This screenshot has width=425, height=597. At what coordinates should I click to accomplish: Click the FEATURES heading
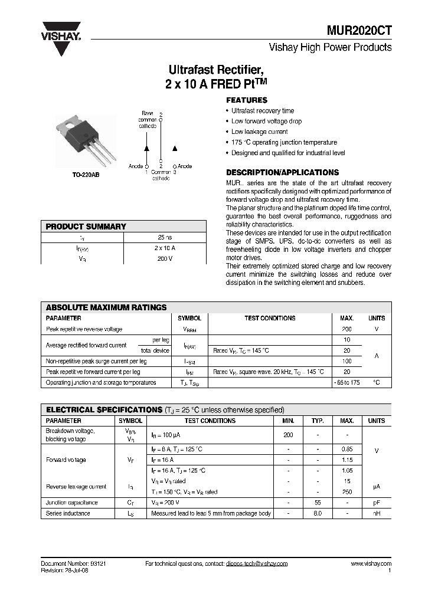point(247,100)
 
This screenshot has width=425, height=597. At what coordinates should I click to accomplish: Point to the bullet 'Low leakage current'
point(259,132)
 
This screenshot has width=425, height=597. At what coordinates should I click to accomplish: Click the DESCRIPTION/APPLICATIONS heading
point(283,173)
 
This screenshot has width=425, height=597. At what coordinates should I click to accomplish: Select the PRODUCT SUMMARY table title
point(86,227)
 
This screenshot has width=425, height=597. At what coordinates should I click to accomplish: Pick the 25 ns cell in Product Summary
point(165,237)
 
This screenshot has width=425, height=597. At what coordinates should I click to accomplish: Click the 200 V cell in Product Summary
point(165,258)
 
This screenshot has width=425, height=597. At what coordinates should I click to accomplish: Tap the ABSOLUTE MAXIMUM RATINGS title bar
point(106,307)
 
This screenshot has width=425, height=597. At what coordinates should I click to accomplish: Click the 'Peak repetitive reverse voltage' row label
point(84,329)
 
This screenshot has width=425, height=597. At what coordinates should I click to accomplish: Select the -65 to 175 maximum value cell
point(346,382)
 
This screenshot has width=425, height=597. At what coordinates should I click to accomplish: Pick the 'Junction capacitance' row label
point(72,503)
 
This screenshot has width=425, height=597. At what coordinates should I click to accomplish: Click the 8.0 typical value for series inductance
point(318,513)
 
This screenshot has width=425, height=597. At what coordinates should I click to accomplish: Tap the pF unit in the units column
point(376,503)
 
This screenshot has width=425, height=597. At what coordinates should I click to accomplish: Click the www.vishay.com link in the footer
point(371,563)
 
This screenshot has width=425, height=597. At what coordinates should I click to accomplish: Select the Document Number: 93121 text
point(73,563)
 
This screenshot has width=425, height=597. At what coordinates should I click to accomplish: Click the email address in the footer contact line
point(256,563)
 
